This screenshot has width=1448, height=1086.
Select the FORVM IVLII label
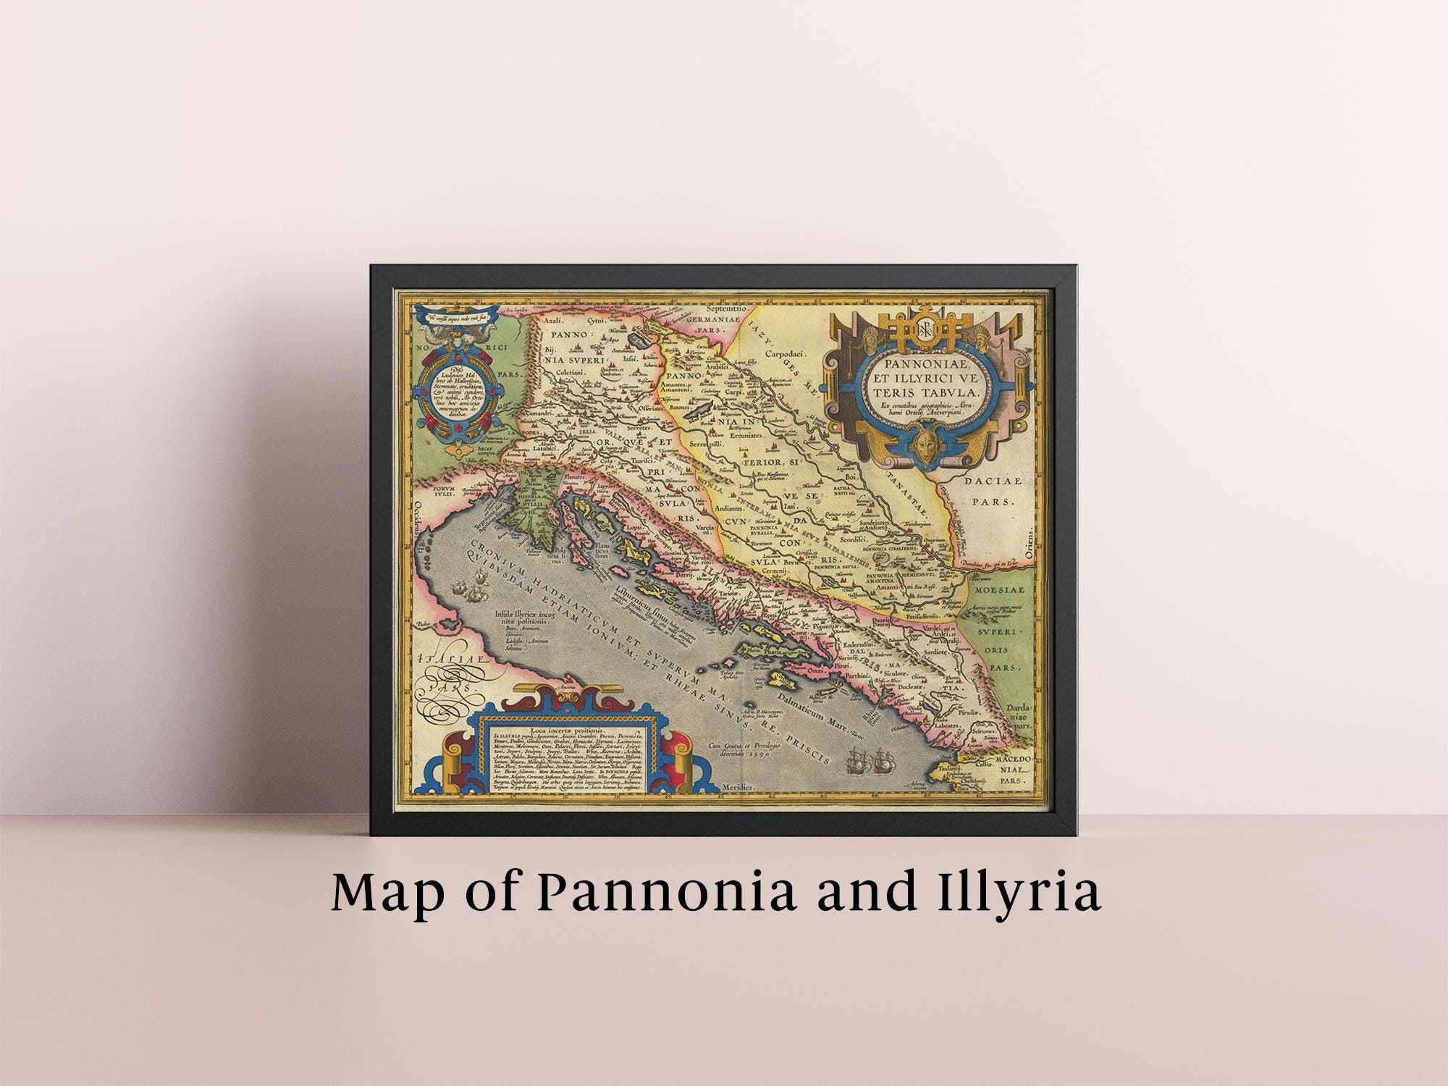pos(447,492)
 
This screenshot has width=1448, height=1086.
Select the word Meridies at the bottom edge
pos(739,786)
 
